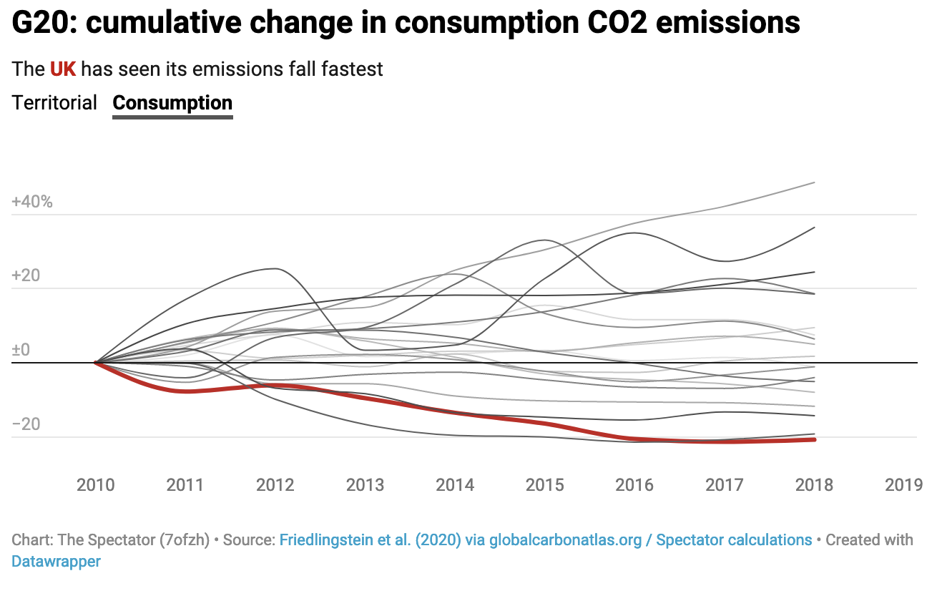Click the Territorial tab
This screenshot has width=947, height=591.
pyautogui.click(x=54, y=103)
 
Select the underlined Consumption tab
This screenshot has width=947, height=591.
pyautogui.click(x=172, y=103)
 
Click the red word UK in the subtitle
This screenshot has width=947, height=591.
pyautogui.click(x=64, y=69)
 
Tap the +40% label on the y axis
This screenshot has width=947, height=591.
pyautogui.click(x=32, y=202)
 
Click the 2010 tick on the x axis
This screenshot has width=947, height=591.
pyautogui.click(x=96, y=485)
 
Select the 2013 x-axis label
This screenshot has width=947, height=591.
pyautogui.click(x=365, y=485)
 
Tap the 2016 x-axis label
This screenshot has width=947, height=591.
pyautogui.click(x=634, y=485)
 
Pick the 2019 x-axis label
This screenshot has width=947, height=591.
pyautogui.click(x=903, y=485)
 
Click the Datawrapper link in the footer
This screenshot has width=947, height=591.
pyautogui.click(x=56, y=562)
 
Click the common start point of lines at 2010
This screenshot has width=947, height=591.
pyautogui.click(x=96, y=363)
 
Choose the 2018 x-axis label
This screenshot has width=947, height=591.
pyautogui.click(x=814, y=485)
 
